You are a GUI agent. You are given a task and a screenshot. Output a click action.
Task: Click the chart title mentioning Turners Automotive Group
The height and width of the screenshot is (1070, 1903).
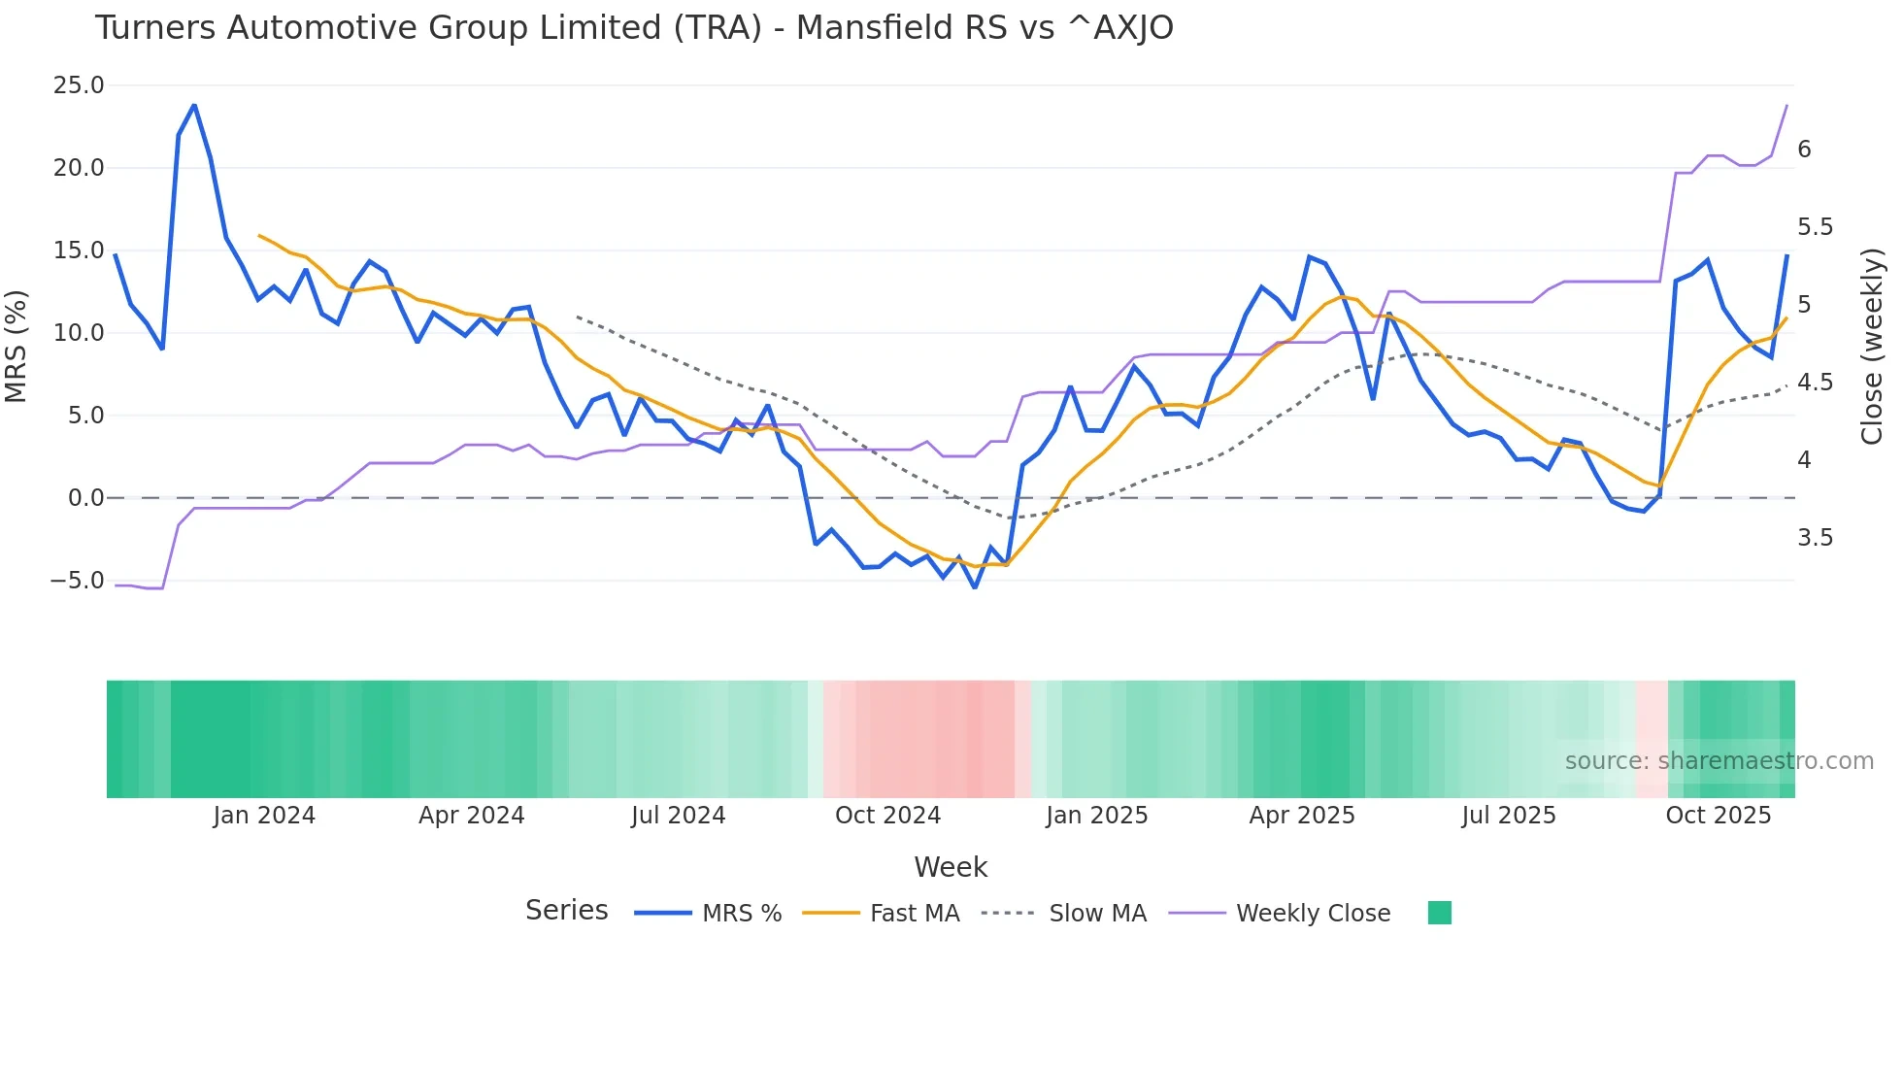pos(633,28)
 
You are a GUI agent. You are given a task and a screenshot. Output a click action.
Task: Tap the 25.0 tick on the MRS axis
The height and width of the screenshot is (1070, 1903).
pos(79,85)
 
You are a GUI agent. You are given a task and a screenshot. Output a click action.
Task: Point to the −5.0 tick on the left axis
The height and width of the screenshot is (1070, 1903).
pos(77,581)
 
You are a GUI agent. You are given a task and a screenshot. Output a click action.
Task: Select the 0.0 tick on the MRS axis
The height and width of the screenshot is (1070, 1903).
pos(85,498)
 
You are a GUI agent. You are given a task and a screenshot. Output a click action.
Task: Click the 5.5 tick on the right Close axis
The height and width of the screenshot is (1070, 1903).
pos(1815,227)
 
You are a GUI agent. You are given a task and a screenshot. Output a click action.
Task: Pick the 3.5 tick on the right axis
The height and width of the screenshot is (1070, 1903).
pos(1815,538)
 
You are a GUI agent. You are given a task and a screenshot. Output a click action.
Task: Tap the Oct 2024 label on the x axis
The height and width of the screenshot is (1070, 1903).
pos(887,816)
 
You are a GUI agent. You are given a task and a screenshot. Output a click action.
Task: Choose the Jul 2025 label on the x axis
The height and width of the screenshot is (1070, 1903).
pos(1508,816)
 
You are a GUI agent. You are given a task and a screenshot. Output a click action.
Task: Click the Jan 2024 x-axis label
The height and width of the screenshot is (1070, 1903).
pos(264,816)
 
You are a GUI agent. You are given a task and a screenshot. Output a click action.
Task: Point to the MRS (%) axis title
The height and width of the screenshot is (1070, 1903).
pos(17,346)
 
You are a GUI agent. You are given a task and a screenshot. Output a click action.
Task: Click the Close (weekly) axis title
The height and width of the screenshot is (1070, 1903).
pos(1872,346)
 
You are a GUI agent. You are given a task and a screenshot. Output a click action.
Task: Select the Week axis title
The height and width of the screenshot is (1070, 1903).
pos(951,867)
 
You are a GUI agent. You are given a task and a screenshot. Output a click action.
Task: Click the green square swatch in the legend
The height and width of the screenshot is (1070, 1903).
pos(1440,913)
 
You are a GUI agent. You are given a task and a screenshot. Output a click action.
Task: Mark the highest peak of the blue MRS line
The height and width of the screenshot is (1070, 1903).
pos(194,105)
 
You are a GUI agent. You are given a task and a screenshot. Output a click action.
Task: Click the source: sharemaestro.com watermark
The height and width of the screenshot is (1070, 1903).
pos(1719,761)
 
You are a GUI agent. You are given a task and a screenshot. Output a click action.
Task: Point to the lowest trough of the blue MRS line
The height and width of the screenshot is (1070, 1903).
pos(975,587)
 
